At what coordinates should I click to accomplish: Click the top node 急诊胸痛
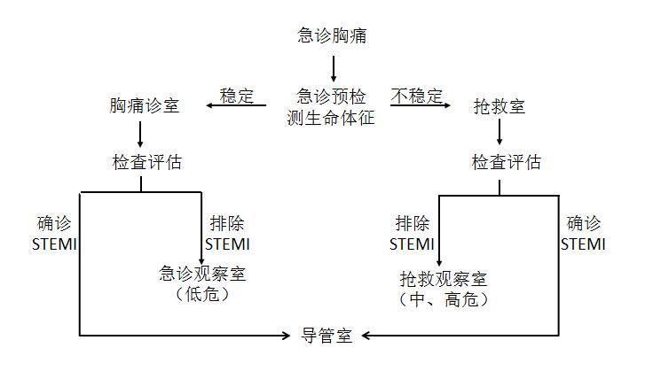[333, 36]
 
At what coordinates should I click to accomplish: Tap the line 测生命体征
[333, 117]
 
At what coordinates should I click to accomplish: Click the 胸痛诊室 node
[144, 106]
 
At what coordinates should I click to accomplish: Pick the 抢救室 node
[499, 106]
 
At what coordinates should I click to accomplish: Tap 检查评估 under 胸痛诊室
[141, 163]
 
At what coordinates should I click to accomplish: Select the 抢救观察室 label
[444, 280]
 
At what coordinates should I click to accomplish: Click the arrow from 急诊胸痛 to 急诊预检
[334, 67]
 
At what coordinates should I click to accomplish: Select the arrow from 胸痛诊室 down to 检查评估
[141, 135]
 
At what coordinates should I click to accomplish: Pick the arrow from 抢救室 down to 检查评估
[500, 133]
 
